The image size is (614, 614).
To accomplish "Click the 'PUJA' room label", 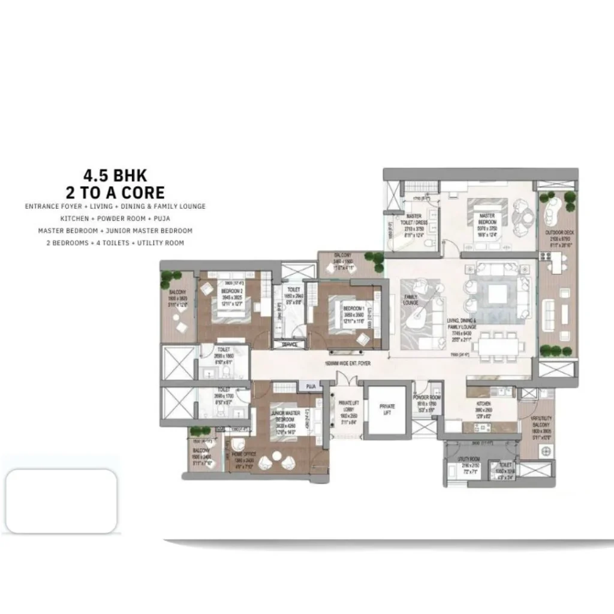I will [x=311, y=387].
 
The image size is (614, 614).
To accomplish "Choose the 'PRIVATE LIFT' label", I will [x=387, y=410].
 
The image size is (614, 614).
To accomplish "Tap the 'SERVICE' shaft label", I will [x=290, y=345].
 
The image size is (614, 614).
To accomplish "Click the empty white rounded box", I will [x=61, y=501].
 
